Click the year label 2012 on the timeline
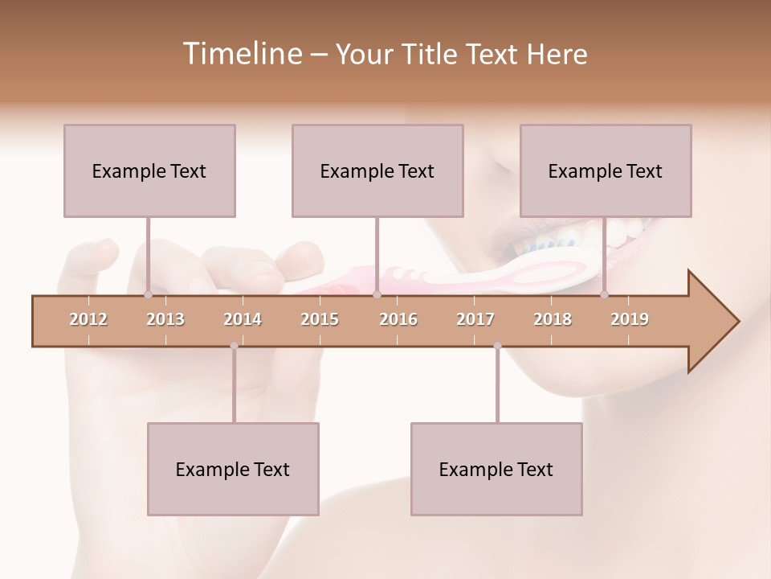tap(88, 319)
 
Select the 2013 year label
tap(165, 319)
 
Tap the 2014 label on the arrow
tap(243, 319)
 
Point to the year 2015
tap(320, 319)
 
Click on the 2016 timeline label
tap(398, 319)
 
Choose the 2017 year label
tap(475, 319)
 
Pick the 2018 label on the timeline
tap(553, 319)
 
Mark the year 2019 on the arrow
tap(630, 319)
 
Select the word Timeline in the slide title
tap(241, 54)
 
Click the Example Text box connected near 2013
tap(149, 170)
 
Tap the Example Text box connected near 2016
tap(377, 170)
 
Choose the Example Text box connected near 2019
tap(606, 170)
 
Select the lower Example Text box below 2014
tap(233, 469)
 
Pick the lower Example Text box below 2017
tap(496, 469)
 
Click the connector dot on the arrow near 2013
tap(148, 294)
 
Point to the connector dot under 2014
tap(234, 346)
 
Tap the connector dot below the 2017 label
tap(497, 346)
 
